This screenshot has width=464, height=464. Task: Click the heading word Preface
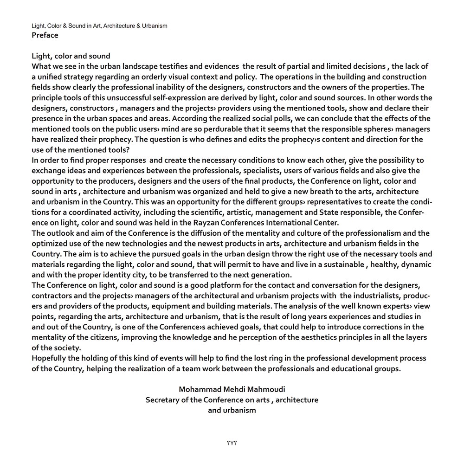pos(45,35)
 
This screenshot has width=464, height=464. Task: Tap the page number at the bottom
pos(232,443)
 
